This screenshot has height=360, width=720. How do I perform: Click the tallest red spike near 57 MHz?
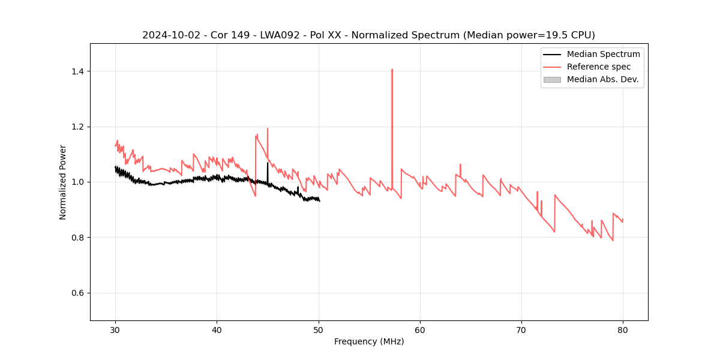tap(392, 70)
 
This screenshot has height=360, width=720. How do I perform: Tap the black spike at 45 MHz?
tap(268, 163)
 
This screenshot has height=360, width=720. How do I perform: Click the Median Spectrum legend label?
tap(603, 54)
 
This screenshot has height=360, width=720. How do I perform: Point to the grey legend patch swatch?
tap(551, 79)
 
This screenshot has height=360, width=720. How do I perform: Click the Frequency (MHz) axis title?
tap(369, 341)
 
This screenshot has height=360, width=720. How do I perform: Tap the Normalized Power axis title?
tap(63, 182)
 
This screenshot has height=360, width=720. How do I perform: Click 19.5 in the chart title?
tap(554, 35)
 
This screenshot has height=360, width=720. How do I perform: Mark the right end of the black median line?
tap(320, 200)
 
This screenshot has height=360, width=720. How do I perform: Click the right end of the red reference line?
tap(623, 220)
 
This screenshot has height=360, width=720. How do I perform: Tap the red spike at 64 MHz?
tap(460, 164)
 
